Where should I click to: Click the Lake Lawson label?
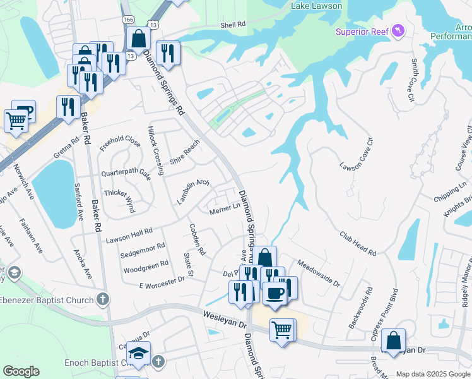317,6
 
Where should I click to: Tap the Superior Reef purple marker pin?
398,30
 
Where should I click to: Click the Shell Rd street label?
232,25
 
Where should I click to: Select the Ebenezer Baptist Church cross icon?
103,299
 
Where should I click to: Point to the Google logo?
21,371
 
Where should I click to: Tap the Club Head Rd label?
358,243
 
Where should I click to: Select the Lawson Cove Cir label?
357,155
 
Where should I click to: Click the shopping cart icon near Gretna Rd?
16,119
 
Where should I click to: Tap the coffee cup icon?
275,294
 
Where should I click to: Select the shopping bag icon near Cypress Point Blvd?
393,340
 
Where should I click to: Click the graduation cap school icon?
139,354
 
